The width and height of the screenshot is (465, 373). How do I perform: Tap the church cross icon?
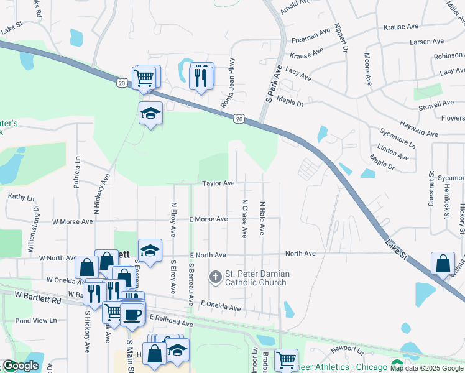pos(216,275)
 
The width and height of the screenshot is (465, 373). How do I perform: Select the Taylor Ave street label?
pos(218,183)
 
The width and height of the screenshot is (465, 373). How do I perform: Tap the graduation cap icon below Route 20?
pos(150,114)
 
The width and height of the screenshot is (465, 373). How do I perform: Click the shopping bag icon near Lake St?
pos(442,264)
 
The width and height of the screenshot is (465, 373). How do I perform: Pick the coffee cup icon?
pos(131,315)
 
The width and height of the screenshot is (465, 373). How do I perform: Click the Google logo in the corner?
pos(21,366)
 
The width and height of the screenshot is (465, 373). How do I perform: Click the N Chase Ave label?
pos(245,218)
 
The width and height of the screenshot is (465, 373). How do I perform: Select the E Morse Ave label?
pos(209,219)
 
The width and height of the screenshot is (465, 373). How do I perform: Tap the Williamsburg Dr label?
pos(36,219)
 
